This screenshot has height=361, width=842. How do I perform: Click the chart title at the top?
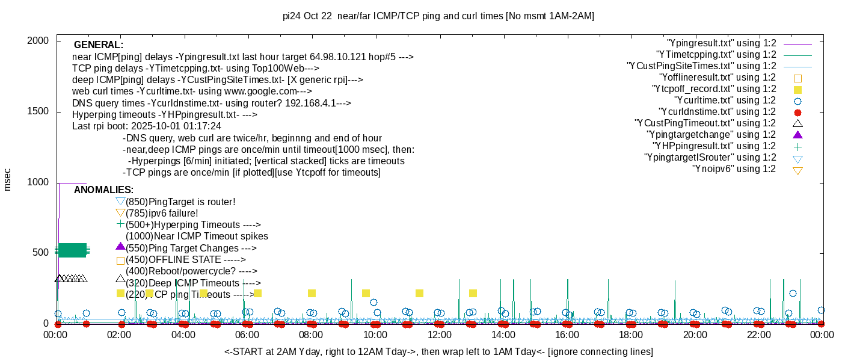point(438,16)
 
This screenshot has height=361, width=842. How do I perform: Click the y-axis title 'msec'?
point(8,179)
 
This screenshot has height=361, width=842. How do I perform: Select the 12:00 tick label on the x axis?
point(439,335)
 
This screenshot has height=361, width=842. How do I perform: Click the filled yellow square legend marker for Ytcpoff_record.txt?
point(797,89)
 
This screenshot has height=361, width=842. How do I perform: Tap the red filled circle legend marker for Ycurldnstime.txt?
point(797,113)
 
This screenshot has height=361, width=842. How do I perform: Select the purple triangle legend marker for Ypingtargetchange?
point(797,135)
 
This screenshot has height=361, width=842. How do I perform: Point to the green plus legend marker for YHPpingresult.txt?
point(797,146)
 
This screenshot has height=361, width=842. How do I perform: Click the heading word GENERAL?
point(99,45)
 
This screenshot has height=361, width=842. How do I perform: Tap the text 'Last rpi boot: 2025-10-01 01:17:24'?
point(147,126)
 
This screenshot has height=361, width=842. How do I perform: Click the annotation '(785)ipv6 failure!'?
point(162,213)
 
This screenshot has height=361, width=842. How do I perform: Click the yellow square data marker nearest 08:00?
point(312,294)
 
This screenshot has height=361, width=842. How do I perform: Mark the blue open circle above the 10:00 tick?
point(373,303)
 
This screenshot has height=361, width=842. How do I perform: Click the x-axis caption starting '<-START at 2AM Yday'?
point(438,351)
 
